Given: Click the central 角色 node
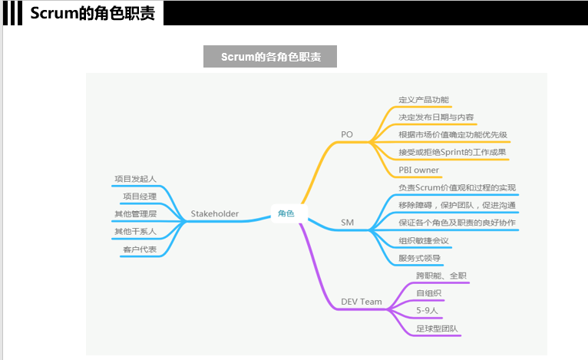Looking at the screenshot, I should click(286, 213).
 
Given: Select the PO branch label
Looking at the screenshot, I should click(347, 135).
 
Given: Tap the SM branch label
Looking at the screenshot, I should click(348, 223).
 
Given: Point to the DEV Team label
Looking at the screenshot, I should click(362, 302).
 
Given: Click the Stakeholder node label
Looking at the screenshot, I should click(215, 213).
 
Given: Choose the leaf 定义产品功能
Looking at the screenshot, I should click(424, 100).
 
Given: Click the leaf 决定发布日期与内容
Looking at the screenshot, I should click(436, 117).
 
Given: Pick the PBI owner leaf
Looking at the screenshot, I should click(419, 170).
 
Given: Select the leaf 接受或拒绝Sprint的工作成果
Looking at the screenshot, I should click(452, 152).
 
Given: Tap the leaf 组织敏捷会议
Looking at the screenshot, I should click(424, 241).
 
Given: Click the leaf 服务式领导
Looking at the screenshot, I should click(419, 259).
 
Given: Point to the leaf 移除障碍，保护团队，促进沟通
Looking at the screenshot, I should click(457, 205).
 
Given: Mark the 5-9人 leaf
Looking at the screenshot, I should click(428, 310).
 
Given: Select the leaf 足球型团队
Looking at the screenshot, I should click(437, 329).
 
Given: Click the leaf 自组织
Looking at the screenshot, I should click(429, 293).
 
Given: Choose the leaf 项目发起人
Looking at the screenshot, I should click(135, 179).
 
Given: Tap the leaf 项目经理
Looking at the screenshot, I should click(140, 197).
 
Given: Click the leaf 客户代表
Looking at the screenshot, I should click(140, 249).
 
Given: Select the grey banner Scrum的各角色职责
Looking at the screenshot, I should click(270, 57).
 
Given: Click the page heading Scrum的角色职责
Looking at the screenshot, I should click(93, 13).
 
